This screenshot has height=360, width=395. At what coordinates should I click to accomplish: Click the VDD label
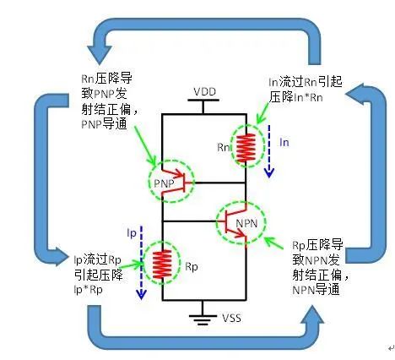click(205, 92)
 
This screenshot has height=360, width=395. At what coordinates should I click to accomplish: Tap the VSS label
click(231, 318)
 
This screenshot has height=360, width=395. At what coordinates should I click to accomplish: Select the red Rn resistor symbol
click(246, 148)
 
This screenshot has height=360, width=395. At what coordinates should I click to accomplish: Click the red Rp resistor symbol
click(162, 264)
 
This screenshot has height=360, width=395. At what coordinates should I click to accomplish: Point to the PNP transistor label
click(164, 183)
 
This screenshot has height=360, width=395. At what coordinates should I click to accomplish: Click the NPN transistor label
click(246, 223)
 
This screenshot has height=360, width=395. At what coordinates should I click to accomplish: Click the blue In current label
click(284, 143)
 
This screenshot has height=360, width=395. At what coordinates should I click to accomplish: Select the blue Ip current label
click(132, 233)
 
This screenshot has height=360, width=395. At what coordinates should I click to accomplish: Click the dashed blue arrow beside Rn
click(269, 151)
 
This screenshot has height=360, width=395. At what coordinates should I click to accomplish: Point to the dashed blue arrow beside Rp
click(141, 262)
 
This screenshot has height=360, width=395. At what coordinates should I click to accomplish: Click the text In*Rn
click(308, 98)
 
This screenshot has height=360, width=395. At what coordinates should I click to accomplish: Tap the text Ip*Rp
click(88, 290)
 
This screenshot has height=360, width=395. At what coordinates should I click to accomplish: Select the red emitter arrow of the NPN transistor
click(236, 232)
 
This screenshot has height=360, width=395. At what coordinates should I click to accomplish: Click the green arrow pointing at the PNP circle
click(144, 145)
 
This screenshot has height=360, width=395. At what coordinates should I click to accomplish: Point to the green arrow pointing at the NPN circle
click(273, 243)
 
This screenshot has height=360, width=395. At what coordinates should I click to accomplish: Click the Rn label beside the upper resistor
click(224, 147)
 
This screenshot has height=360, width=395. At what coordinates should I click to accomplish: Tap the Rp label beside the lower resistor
click(192, 267)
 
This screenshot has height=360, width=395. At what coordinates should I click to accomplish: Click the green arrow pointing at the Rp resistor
click(132, 265)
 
